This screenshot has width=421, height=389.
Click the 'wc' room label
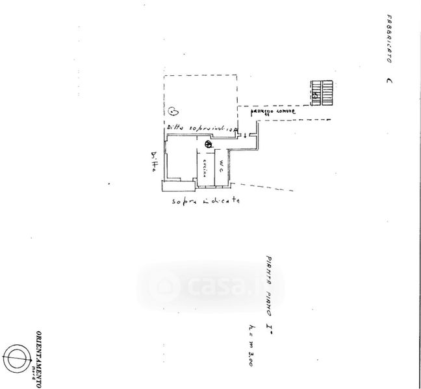tap(221, 165)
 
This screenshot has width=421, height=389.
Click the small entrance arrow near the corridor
tap(244, 135)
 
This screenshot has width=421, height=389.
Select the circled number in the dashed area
tap(173, 111)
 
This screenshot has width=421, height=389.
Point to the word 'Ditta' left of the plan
tap(153, 161)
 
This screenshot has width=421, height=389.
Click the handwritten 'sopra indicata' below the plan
tap(207, 201)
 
